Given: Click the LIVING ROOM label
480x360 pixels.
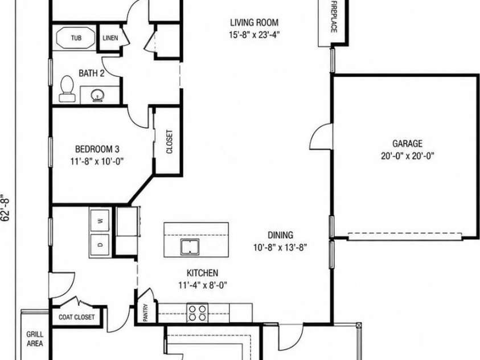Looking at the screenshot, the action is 255,23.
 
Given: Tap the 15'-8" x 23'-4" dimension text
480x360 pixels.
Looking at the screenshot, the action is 255,35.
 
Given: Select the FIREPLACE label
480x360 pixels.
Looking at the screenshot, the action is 334,17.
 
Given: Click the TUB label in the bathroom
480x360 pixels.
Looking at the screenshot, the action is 76,38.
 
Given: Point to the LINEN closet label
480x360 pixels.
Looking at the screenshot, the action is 110,38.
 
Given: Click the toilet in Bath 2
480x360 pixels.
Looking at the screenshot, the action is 67,89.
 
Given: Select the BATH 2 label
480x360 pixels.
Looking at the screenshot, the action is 92,73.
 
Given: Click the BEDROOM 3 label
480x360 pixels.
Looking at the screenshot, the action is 97,149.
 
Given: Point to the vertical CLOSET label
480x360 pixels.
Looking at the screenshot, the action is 169,142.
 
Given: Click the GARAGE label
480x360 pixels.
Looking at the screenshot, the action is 407,144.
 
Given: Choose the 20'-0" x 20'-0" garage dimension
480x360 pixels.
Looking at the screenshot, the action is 408,156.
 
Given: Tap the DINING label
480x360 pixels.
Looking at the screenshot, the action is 280,235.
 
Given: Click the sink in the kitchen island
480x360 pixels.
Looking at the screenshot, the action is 190,247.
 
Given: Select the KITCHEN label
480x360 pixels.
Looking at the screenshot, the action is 202,273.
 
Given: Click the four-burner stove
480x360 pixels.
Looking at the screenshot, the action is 197,313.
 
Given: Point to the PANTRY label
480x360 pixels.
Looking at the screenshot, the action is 146,313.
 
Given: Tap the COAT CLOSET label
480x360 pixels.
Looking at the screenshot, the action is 76,317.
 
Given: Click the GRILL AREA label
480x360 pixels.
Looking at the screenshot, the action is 35,339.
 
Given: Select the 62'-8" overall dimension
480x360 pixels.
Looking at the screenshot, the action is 6,207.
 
